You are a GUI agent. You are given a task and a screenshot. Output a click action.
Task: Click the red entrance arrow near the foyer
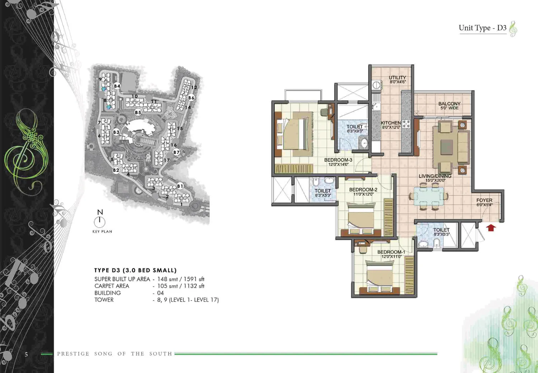click(491, 228)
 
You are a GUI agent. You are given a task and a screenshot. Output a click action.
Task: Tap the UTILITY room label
click(397, 78)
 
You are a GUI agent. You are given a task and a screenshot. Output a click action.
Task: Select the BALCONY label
click(449, 104)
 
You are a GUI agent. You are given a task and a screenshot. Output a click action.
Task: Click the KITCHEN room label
click(391, 123)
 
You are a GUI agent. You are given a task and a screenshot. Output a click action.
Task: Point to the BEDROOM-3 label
click(338, 160)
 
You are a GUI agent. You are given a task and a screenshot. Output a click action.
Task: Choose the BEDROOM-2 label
click(363, 190)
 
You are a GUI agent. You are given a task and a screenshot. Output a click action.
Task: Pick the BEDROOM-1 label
click(391, 252)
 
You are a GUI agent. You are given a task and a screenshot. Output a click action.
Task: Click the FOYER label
click(485, 200)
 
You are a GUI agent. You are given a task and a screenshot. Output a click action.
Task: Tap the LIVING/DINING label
click(435, 176)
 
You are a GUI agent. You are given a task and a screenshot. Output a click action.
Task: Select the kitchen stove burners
click(406, 124)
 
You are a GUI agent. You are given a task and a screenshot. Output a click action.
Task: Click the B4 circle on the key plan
click(117, 86)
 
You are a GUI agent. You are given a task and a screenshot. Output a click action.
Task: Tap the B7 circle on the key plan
click(176, 152)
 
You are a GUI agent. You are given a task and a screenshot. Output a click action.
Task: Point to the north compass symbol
click(100, 219)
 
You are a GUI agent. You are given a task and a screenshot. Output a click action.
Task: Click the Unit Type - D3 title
click(482, 28)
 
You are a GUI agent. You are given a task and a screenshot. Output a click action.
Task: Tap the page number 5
click(27, 354)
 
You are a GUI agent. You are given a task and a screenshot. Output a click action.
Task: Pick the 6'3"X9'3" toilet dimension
click(355, 131)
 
